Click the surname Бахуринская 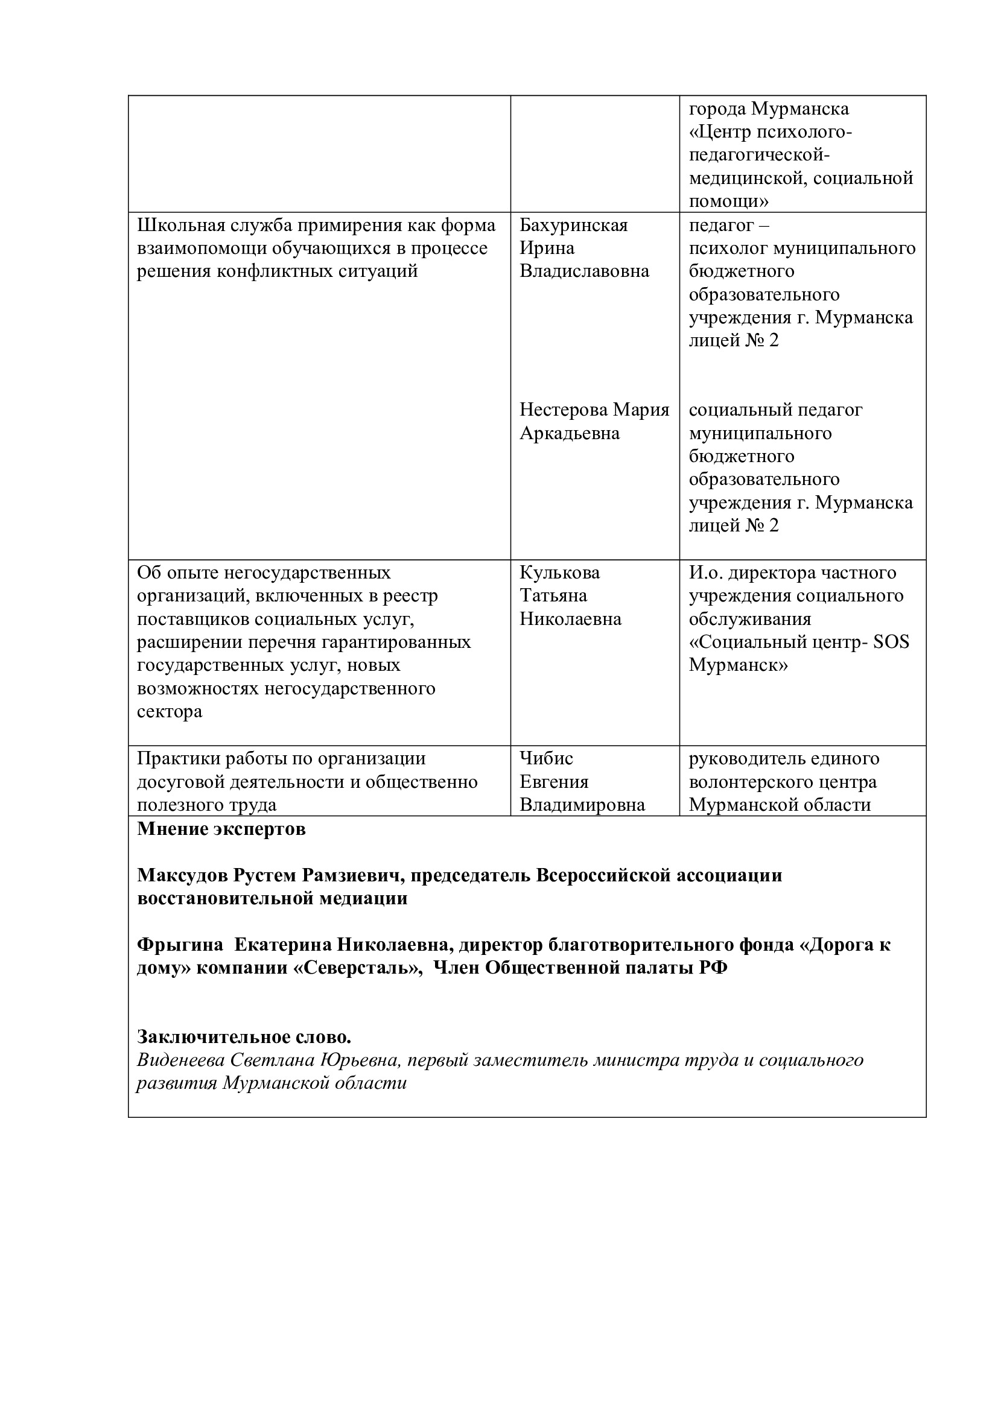click(573, 225)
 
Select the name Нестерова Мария click(594, 410)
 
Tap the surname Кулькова click(559, 572)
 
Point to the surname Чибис click(545, 758)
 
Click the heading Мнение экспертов click(221, 829)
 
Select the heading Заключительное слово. click(244, 1037)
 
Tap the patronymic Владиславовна click(584, 271)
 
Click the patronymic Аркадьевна click(569, 433)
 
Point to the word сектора click(169, 712)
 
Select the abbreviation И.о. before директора click(706, 572)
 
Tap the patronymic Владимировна click(582, 805)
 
